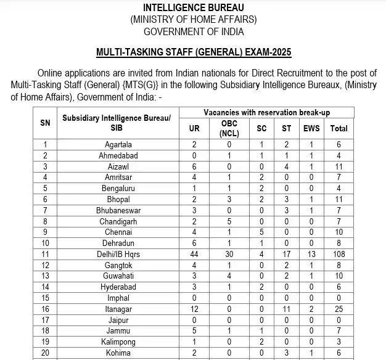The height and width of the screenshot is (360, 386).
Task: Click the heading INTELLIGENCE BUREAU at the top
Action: point(193,7)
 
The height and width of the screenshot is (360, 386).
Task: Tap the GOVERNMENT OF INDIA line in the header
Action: point(193,31)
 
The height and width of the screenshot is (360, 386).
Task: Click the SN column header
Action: point(45,123)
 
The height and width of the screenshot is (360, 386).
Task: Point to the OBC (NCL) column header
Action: point(229,128)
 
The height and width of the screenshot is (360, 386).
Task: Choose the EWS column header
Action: point(312,128)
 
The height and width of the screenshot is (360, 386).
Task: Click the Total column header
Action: point(339,128)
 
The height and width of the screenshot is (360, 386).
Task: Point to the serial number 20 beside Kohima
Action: point(45,353)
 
